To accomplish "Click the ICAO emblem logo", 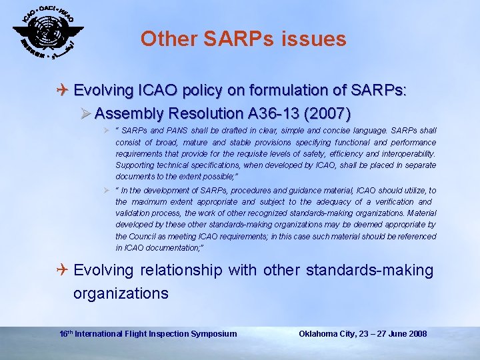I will (x=48, y=33).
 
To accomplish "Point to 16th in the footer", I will (x=65, y=333).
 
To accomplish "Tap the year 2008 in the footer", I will (x=417, y=333).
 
